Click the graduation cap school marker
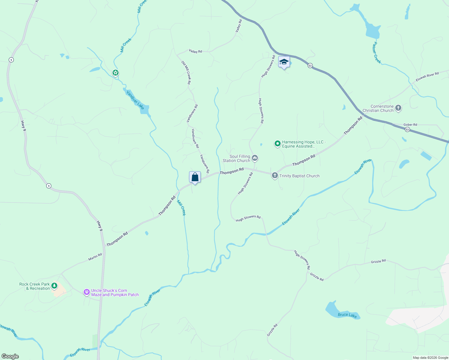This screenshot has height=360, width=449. coord(284,62)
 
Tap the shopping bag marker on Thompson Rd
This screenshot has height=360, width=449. coord(195,177)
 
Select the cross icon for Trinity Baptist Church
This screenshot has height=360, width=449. coord(275,175)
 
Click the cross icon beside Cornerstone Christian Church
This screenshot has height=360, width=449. coord(398,108)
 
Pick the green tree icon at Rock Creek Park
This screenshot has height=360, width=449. coord(54,286)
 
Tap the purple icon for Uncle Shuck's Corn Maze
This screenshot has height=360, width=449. coord(87,292)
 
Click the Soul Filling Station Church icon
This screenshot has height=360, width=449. coord(255,158)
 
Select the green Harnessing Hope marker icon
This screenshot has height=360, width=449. coord(278,144)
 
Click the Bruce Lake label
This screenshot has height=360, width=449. coord(347,315)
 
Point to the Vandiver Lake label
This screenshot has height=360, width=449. coord(135,100)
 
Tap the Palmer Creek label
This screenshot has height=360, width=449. coord(377,52)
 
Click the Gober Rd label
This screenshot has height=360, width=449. coord(410,124)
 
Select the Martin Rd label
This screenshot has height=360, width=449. coord(95,257)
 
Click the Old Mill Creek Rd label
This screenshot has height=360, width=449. coord(186,72)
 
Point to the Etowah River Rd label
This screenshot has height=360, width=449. coord(427,76)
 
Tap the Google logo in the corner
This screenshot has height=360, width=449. coord(10,356)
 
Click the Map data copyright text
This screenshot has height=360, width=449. coord(430,358)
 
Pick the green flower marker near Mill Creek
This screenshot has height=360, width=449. coord(116,73)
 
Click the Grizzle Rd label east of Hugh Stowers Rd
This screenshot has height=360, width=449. coord(378,261)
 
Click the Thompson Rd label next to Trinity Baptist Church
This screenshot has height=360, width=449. coord(304,160)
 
